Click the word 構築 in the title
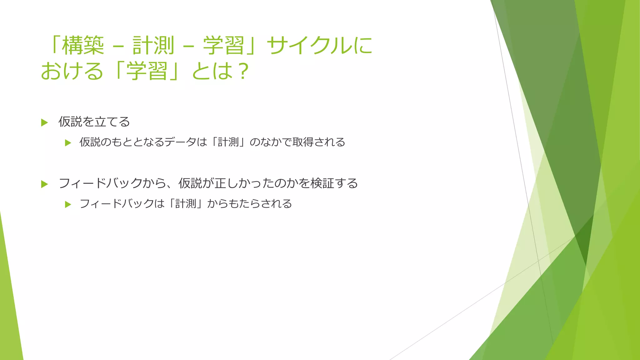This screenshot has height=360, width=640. (x=83, y=45)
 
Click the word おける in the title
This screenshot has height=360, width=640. (x=72, y=71)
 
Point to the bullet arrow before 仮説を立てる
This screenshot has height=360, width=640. (x=44, y=122)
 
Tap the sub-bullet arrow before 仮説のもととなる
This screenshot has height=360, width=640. (x=68, y=143)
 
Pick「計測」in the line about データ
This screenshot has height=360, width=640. (x=228, y=142)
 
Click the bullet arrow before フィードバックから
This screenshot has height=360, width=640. (x=44, y=184)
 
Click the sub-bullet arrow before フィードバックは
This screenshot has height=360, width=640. (x=68, y=205)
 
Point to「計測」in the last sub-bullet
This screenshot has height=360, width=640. (x=186, y=204)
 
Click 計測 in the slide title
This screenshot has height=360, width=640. (x=153, y=45)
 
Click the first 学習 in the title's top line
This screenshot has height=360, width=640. (x=223, y=45)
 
